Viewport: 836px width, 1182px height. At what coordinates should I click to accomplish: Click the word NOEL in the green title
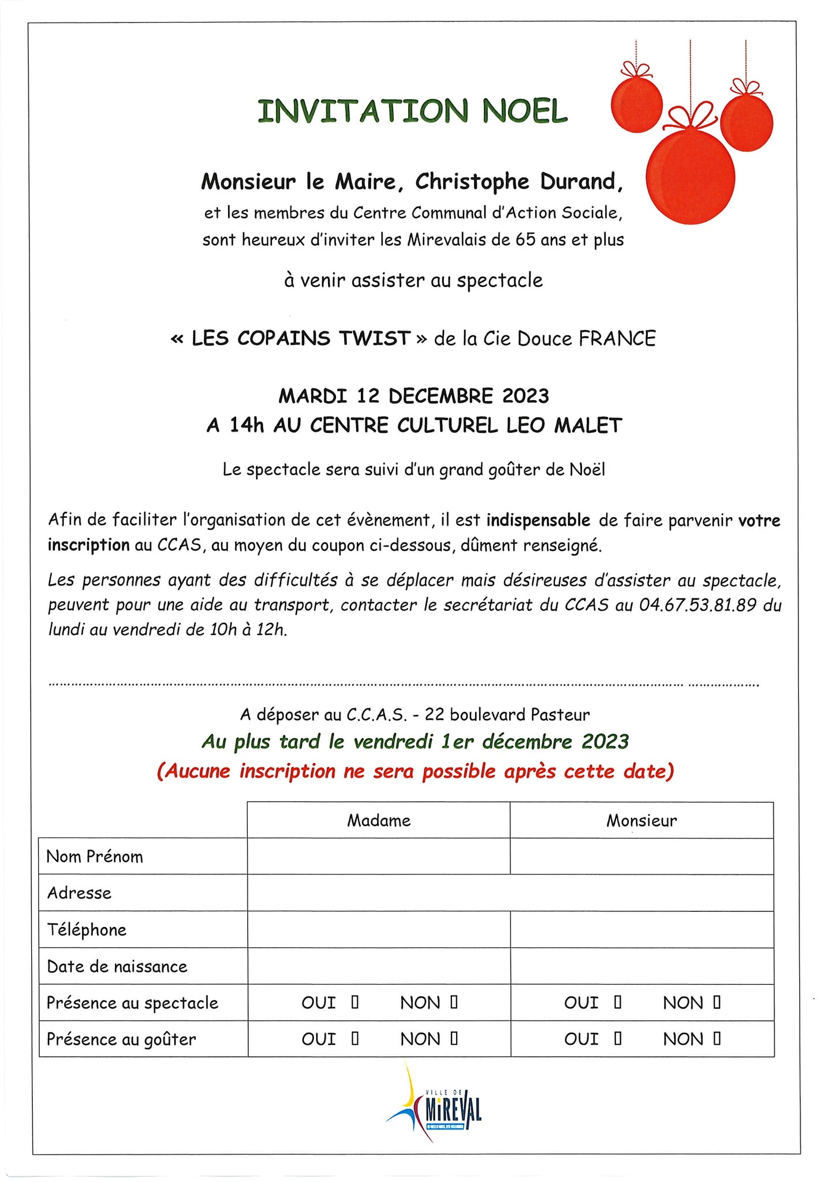(525, 111)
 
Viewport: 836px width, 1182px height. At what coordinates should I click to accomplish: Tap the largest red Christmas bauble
(690, 177)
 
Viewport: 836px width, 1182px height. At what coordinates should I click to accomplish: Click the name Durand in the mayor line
(581, 182)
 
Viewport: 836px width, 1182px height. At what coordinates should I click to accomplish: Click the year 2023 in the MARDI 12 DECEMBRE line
(525, 397)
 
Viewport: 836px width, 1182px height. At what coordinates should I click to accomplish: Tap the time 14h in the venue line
(247, 426)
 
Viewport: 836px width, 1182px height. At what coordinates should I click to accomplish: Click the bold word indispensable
(538, 521)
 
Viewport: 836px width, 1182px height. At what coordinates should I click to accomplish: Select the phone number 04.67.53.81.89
(697, 605)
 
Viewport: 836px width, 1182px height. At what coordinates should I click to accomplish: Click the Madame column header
(379, 821)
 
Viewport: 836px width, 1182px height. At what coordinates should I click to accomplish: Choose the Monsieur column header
(641, 821)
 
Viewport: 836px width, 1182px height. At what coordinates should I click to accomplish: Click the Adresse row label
(79, 893)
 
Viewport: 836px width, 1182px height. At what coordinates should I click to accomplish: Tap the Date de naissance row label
(117, 966)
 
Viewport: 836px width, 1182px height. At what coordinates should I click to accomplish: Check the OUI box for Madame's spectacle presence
(355, 1003)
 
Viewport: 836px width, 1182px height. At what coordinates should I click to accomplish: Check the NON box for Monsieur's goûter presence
(717, 1039)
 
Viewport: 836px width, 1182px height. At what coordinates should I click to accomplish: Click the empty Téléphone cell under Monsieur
(641, 929)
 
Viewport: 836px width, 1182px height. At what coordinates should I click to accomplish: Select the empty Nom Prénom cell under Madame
(379, 856)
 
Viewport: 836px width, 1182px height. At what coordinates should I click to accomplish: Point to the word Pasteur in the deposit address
(560, 715)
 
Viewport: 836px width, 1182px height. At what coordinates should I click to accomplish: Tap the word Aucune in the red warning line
(197, 772)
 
